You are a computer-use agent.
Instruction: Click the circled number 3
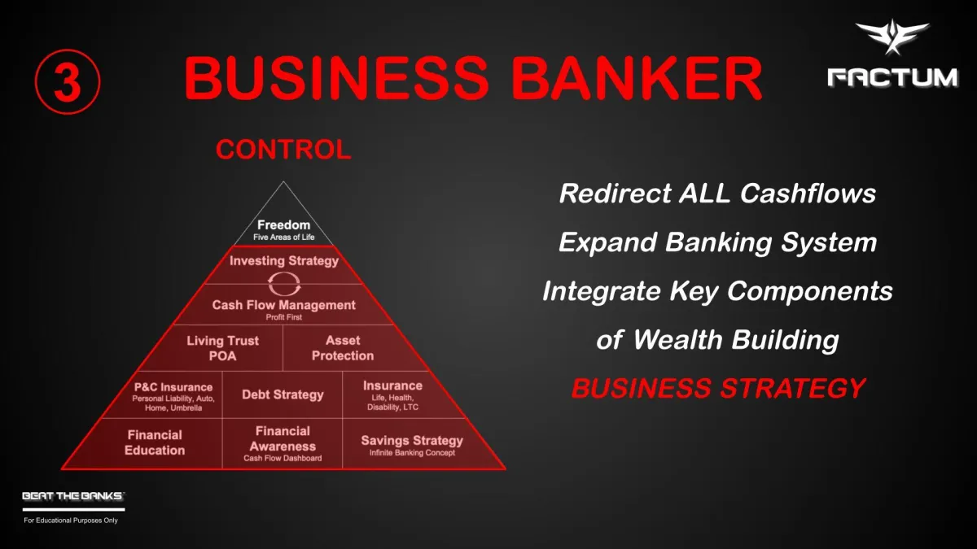pyautogui.click(x=68, y=82)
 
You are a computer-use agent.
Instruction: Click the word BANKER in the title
pyautogui.click(x=637, y=78)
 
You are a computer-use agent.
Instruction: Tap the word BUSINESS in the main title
pyautogui.click(x=335, y=78)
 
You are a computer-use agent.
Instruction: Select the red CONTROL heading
pyautogui.click(x=283, y=150)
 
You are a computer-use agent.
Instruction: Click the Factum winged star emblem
pyautogui.click(x=892, y=37)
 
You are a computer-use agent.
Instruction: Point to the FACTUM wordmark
pyautogui.click(x=892, y=77)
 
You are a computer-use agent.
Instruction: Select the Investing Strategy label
pyautogui.click(x=284, y=260)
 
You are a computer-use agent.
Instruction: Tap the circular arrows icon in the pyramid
pyautogui.click(x=284, y=284)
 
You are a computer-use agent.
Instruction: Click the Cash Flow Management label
pyautogui.click(x=284, y=305)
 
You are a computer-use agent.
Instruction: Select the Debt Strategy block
pyautogui.click(x=283, y=395)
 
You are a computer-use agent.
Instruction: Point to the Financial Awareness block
pyautogui.click(x=283, y=443)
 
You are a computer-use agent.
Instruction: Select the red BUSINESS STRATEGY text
pyautogui.click(x=718, y=388)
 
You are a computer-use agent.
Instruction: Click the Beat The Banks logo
pyautogui.click(x=73, y=500)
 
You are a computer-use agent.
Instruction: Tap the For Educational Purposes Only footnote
pyautogui.click(x=71, y=521)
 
